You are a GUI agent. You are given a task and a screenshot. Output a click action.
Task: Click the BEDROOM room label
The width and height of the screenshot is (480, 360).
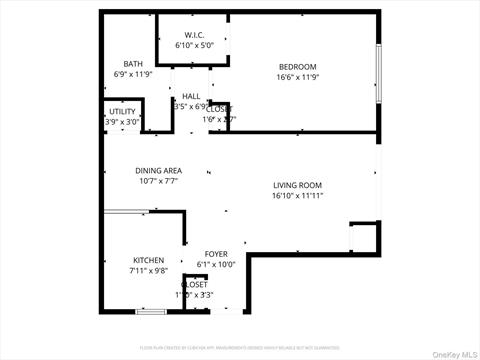[x=297, y=67]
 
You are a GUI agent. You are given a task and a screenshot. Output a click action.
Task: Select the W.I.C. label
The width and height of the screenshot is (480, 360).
[x=195, y=36]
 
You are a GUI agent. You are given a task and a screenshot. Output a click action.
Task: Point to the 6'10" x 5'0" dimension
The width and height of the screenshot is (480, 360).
[x=195, y=46]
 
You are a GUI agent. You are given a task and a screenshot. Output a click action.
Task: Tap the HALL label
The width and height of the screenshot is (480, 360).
[x=191, y=96]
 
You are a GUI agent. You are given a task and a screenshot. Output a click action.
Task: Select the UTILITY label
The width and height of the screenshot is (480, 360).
[x=123, y=111]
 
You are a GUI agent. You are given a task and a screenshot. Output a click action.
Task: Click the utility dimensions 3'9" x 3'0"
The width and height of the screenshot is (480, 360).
[x=123, y=121]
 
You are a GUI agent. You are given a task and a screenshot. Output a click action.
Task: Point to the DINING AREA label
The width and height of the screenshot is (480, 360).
[x=158, y=171]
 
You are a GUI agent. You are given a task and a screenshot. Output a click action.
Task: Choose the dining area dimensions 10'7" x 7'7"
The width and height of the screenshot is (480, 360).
[x=158, y=181]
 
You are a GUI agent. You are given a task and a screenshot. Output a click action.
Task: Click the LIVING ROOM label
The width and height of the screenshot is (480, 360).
[x=297, y=185]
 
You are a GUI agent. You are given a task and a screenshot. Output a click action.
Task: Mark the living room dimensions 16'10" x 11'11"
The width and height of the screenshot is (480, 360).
[x=297, y=195]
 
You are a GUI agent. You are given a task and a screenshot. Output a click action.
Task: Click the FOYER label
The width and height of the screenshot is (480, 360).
[x=216, y=254]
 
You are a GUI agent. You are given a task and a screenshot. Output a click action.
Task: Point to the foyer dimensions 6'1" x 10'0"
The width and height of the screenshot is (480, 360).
[x=216, y=264]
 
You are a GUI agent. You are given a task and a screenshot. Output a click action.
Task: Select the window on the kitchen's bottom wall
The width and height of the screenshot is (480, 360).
[x=150, y=312]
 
